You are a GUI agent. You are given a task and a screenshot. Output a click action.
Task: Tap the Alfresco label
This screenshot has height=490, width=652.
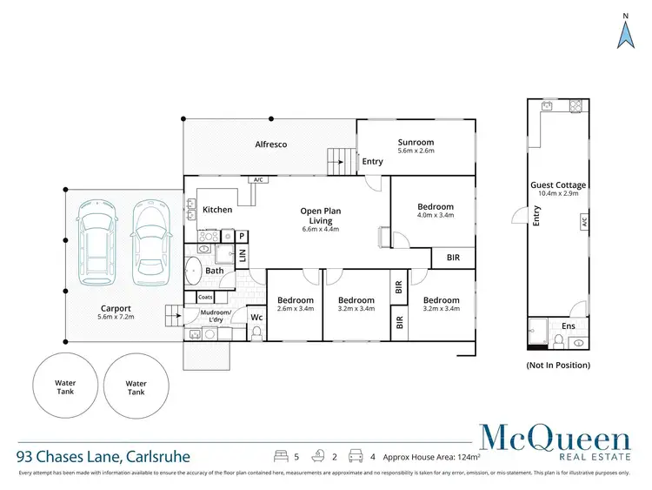click(x=270, y=144)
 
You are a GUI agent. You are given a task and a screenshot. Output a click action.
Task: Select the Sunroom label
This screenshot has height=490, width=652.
click(x=416, y=143)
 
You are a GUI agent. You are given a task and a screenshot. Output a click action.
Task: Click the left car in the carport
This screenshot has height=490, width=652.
click(x=94, y=244)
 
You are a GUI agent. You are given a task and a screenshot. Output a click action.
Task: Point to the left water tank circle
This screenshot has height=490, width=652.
click(x=65, y=387)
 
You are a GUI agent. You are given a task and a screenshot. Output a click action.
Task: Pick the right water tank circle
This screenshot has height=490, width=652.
click(x=136, y=387)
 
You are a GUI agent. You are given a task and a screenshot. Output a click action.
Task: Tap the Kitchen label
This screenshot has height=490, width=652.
click(x=217, y=210)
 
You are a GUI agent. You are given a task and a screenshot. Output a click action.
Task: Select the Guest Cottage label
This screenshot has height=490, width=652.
click(x=558, y=185)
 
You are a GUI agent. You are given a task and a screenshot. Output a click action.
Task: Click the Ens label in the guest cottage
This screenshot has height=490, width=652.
click(x=568, y=326)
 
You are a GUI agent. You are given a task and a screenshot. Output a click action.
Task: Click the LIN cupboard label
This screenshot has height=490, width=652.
click(x=243, y=256)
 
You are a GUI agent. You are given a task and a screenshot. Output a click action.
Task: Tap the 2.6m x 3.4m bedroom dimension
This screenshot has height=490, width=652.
click(x=295, y=308)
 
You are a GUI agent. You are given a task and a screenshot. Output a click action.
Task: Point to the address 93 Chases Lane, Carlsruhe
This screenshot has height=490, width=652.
click(x=103, y=455)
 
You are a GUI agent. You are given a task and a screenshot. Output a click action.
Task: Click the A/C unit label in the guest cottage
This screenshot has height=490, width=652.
click(x=584, y=223)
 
